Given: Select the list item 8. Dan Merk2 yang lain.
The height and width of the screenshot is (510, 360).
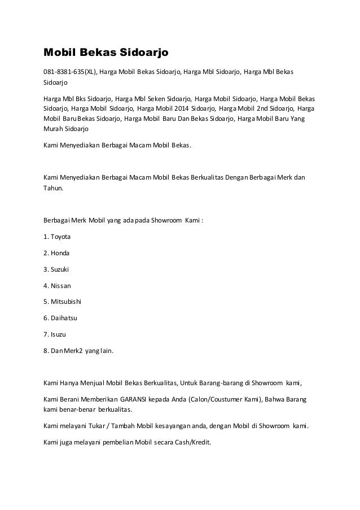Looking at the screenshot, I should (x=78, y=351).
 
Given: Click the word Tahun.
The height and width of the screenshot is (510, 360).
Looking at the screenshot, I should (x=54, y=190).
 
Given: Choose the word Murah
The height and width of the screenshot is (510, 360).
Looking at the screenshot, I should (x=53, y=129).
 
